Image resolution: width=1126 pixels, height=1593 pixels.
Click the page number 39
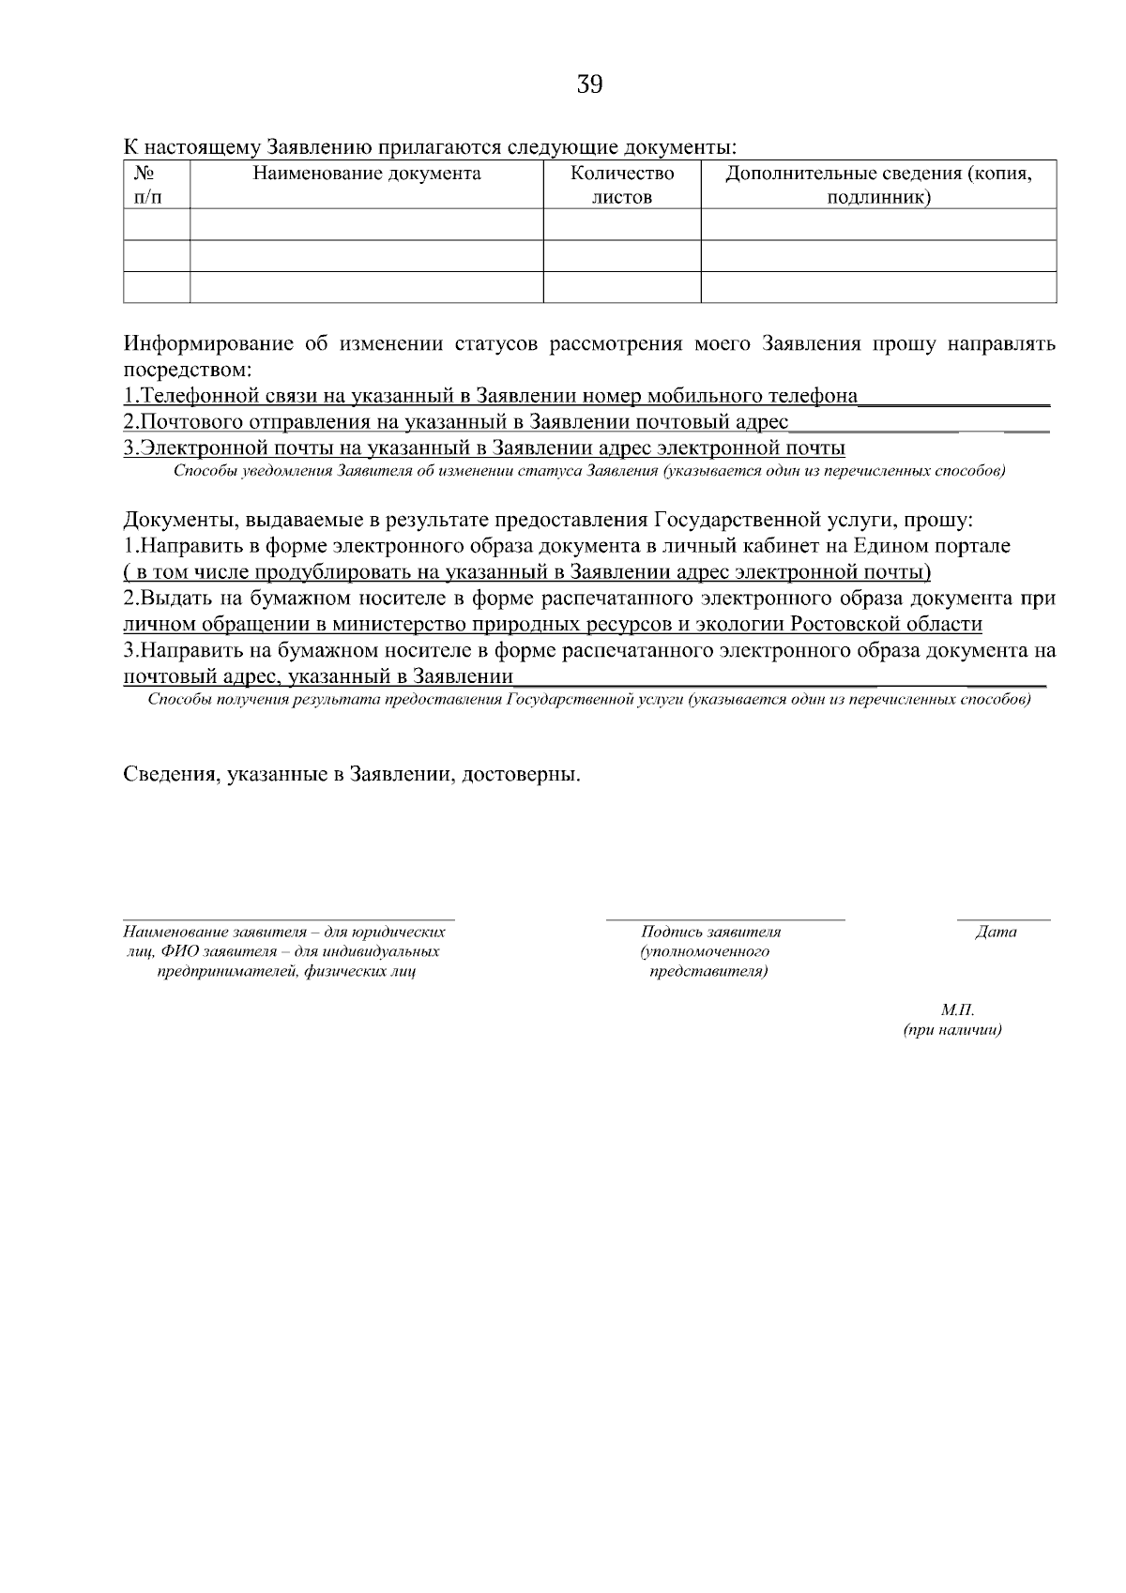[589, 85]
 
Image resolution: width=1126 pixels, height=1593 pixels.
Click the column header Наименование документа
[366, 174]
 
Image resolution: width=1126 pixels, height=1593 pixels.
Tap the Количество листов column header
[622, 185]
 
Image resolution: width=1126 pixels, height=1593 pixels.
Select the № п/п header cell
[145, 185]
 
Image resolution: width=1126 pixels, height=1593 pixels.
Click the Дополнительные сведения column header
[878, 185]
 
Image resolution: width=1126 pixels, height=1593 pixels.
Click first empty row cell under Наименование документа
[366, 224]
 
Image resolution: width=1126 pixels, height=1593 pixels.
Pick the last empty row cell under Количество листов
[622, 287]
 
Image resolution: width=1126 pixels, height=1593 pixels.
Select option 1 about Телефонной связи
[491, 396]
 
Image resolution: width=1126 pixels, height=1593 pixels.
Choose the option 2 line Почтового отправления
[456, 422]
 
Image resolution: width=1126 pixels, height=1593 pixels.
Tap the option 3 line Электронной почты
[484, 448]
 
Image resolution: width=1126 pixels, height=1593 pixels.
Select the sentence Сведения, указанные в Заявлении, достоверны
[352, 776]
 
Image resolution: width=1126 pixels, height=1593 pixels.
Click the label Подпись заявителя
[710, 933]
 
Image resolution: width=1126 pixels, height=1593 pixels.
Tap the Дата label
[996, 933]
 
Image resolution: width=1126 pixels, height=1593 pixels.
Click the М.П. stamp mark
[957, 1010]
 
